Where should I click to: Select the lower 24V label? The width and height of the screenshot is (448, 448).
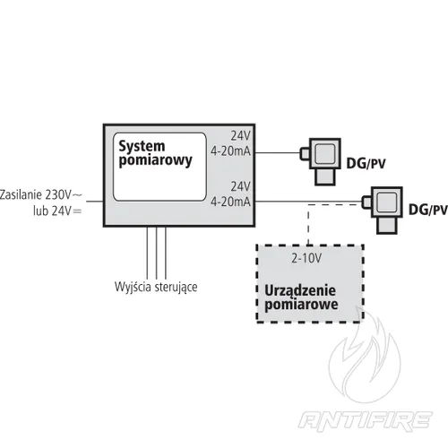pos(239,187)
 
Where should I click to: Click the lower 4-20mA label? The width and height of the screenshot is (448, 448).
pos(229,202)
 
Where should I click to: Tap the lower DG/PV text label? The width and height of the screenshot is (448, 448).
pos(426,211)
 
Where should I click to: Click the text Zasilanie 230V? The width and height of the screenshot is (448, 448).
pos(41,194)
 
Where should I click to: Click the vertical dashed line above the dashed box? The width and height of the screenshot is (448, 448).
pos(309,224)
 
